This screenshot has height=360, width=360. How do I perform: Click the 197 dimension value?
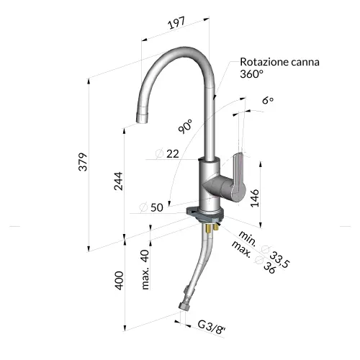(x=177, y=23)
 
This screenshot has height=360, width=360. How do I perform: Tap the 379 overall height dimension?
(x=84, y=161)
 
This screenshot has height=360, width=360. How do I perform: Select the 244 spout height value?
(x=118, y=181)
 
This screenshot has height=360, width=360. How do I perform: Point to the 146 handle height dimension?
(x=255, y=197)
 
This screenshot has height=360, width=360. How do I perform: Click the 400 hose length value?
(x=119, y=281)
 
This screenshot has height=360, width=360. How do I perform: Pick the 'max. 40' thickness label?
(x=145, y=269)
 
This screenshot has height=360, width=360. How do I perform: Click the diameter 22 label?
(x=167, y=153)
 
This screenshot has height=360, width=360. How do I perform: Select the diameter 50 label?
(x=151, y=207)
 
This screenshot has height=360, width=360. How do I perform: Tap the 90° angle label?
(x=186, y=126)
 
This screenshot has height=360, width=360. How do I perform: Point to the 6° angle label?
(x=268, y=100)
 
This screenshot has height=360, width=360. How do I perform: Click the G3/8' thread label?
(x=212, y=328)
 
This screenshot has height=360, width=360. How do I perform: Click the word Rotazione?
(x=264, y=62)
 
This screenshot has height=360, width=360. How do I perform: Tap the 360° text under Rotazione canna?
(x=252, y=73)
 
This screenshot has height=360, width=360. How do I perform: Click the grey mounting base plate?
(x=204, y=215)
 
